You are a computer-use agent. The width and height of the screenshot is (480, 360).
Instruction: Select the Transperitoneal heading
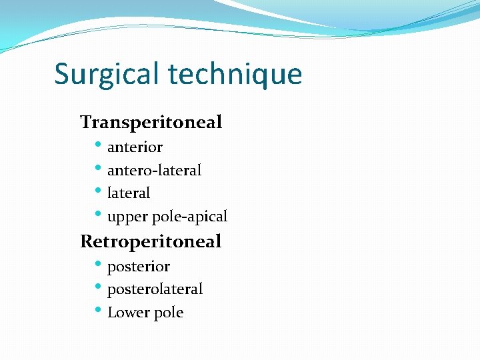pos(151,122)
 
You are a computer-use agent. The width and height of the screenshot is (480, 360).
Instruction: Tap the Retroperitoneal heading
pos(151,241)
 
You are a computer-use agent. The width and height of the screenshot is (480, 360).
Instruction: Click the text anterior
pos(135,147)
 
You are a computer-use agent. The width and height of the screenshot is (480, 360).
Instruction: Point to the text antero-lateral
pos(154,171)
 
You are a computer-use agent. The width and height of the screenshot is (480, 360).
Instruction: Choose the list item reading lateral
pos(129,193)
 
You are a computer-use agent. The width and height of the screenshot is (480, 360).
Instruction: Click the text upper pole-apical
pos(167,217)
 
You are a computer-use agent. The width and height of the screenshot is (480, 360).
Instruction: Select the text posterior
pos(139,267)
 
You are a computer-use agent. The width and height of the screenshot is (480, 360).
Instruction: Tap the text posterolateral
pos(155,289)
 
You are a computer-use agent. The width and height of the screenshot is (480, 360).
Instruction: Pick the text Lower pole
pos(145,313)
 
